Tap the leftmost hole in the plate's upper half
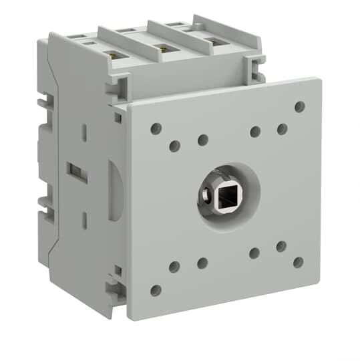[155, 128]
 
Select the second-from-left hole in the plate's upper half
[174, 146]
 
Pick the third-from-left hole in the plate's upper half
[202, 140]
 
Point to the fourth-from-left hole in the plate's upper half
[254, 132]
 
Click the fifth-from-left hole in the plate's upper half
[282, 128]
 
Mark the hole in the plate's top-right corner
[299, 106]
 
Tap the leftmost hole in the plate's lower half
[156, 290]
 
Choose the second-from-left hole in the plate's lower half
[174, 267]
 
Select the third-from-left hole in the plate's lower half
[202, 263]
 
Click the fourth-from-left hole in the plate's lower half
[254, 252]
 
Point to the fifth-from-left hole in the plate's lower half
[281, 246]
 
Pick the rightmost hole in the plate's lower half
[298, 262]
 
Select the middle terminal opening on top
[162, 48]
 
